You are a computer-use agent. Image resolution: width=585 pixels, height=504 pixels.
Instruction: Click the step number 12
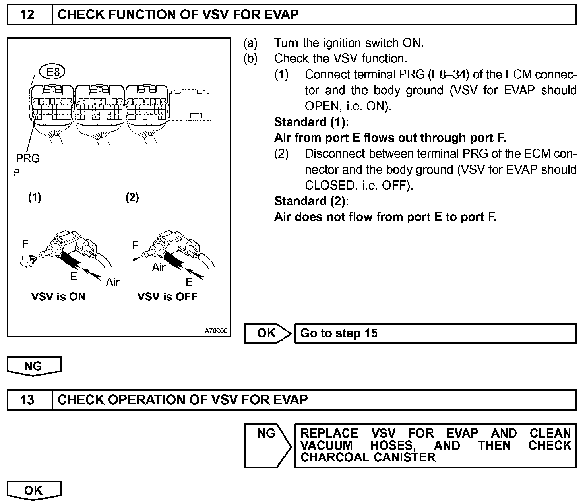coord(27,15)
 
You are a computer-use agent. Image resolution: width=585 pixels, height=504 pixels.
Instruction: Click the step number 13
coord(27,399)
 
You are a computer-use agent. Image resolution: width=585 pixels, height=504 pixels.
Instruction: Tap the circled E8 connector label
coord(52,72)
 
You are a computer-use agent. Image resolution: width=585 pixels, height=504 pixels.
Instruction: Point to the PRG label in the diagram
coord(28,158)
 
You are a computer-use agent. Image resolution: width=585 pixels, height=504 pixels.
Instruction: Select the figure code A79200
coord(216,331)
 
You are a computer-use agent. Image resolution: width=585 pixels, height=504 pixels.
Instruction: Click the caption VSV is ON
coord(58,297)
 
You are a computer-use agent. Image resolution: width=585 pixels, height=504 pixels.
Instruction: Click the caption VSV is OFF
coord(167,297)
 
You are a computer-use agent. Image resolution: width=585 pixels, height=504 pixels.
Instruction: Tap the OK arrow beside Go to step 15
coord(267,333)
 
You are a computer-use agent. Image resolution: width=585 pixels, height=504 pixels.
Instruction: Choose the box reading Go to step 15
coord(435,333)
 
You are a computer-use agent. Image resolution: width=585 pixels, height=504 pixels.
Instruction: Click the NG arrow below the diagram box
coord(33,366)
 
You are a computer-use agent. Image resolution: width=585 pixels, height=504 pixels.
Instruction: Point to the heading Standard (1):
coord(311,122)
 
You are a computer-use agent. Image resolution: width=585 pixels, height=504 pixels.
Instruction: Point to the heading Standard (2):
coord(311,201)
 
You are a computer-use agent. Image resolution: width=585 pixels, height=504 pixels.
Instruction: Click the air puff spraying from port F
coord(28,260)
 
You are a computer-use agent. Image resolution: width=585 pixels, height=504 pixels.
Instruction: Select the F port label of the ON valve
coord(25,244)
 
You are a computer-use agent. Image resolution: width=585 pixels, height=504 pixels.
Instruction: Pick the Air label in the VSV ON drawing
coord(112,282)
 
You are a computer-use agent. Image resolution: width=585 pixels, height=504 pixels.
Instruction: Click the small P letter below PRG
coord(16,173)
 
